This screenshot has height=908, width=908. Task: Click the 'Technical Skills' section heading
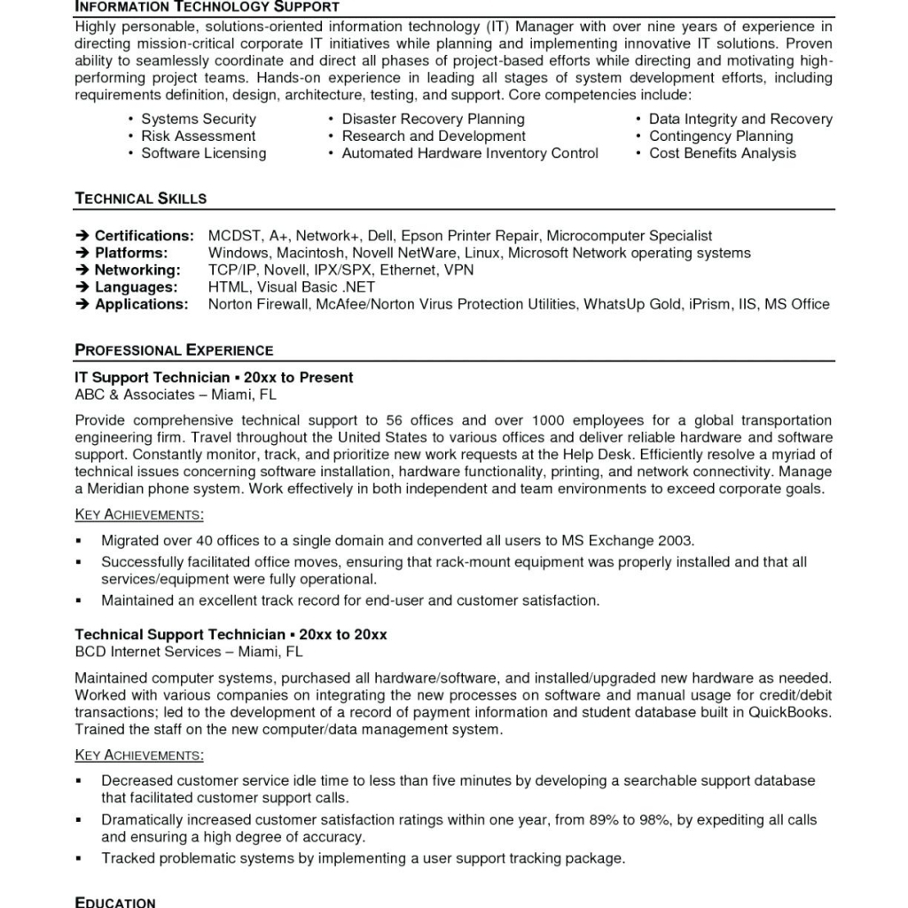[141, 199]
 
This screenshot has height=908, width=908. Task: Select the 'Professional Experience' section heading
[174, 350]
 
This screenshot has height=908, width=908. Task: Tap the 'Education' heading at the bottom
[115, 902]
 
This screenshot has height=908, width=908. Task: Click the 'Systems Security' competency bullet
[199, 119]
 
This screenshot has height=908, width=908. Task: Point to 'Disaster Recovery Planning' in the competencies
[433, 119]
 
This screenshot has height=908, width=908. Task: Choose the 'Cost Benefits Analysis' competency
[723, 153]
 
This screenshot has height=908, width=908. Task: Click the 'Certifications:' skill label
[144, 236]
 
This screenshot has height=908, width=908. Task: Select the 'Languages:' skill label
[136, 287]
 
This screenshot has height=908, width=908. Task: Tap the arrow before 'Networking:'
[82, 270]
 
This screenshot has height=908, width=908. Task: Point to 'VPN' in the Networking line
[458, 270]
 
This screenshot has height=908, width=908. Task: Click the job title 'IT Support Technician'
[152, 378]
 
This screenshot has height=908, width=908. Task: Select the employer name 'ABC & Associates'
[134, 395]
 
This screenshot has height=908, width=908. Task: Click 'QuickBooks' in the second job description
[790, 713]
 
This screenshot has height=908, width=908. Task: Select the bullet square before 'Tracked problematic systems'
[79, 859]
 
